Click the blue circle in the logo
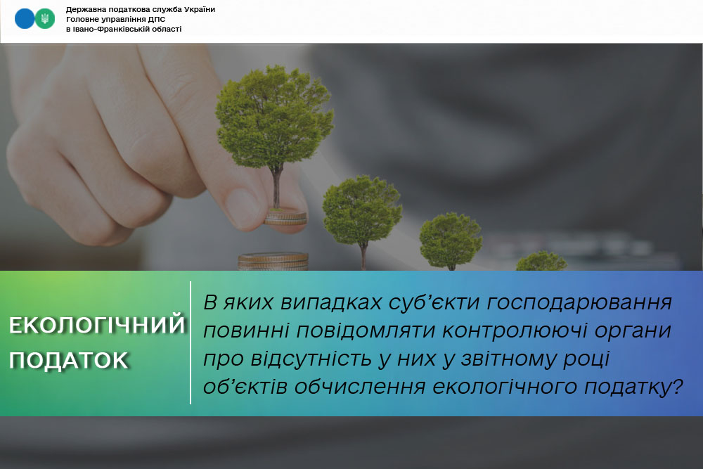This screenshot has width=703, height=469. (25, 19)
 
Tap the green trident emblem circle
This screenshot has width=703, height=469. (45, 19)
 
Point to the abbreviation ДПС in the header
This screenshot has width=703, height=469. (157, 19)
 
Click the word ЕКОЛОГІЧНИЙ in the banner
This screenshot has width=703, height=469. (97, 325)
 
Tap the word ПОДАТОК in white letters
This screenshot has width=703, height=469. (69, 360)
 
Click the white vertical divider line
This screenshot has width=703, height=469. (191, 343)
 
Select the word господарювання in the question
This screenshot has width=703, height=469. (579, 302)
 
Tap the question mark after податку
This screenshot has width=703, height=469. (678, 386)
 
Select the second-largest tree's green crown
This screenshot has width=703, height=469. (362, 210)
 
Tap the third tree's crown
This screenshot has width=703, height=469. (451, 240)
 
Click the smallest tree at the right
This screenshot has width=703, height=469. (541, 262)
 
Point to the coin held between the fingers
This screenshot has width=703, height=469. (285, 217)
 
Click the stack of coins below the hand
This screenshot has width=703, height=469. (273, 262)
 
